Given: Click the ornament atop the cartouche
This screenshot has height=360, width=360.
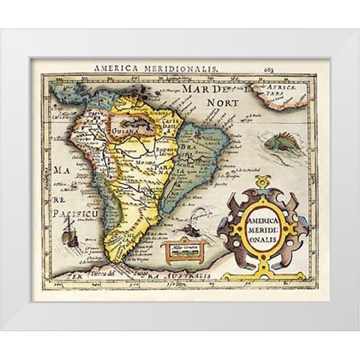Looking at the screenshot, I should point(261,182).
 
